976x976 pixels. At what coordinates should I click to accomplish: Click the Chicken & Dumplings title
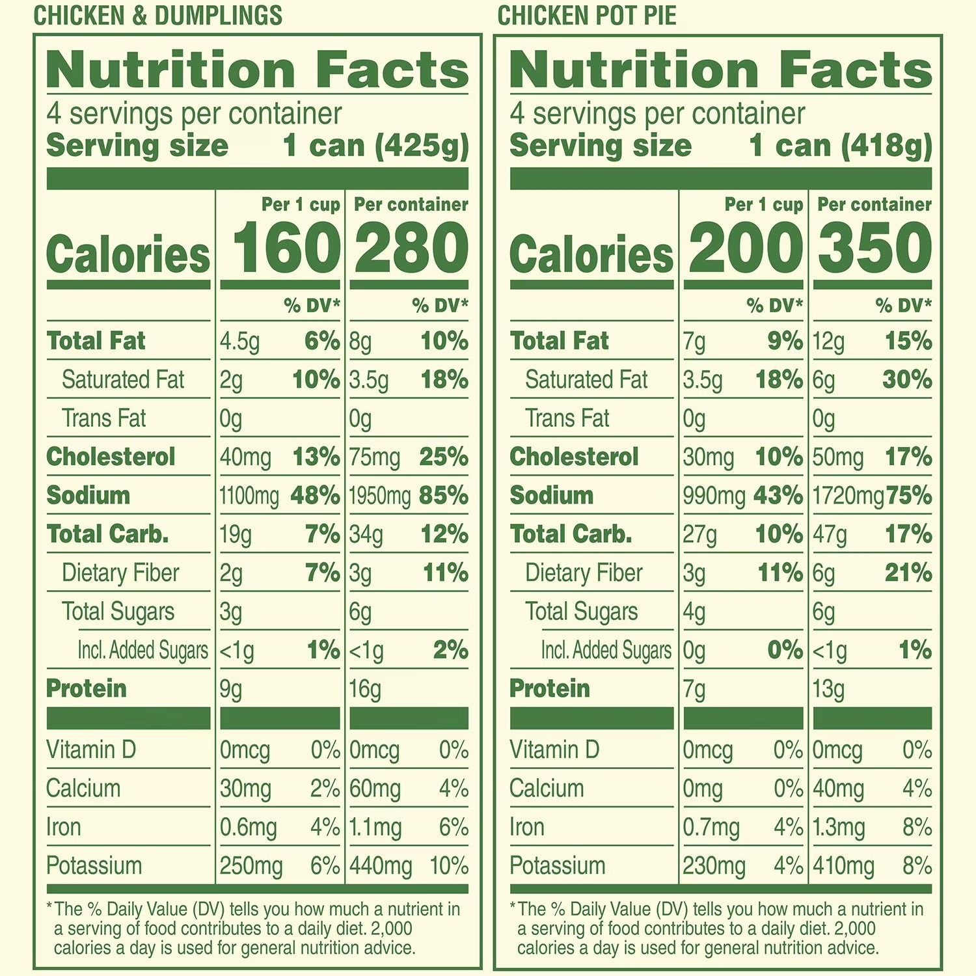(157, 16)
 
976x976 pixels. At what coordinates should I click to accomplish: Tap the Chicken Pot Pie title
(587, 16)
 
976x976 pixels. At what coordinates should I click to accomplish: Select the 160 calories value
(286, 249)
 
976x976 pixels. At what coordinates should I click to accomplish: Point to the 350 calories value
(874, 249)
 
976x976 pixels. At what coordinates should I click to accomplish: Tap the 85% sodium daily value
(444, 496)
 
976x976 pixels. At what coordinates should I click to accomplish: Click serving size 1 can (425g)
(375, 146)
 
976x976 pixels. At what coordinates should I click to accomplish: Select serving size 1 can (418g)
(840, 146)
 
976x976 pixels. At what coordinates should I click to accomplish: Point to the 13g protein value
(828, 690)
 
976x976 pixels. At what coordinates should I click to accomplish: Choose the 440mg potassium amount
(380, 867)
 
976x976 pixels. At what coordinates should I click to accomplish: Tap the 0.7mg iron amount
(711, 828)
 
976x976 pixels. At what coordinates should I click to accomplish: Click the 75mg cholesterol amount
(374, 458)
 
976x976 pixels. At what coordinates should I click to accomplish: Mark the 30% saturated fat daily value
(907, 380)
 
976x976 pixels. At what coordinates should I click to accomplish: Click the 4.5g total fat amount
(239, 342)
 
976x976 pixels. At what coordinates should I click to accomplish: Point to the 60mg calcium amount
(375, 789)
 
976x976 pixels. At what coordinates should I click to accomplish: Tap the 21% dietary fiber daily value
(908, 573)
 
